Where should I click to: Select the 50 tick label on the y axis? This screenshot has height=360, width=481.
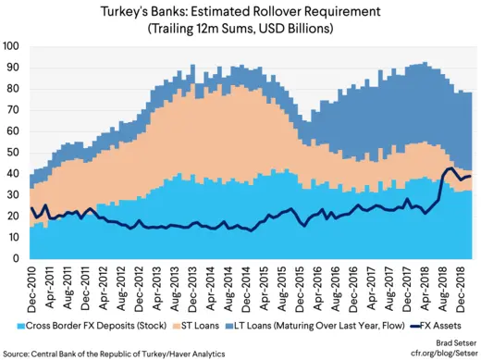coord(15,152)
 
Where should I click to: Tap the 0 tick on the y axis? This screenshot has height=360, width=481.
coord(18,258)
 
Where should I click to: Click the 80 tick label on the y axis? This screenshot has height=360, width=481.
coord(15,89)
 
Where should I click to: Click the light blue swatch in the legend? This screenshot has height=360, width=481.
coord(20,327)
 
